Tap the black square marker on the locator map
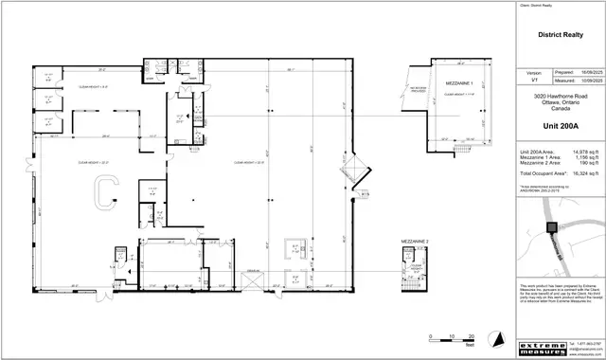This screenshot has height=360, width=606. (x=551, y=226)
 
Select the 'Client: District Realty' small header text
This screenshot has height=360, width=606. (x=536, y=6)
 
